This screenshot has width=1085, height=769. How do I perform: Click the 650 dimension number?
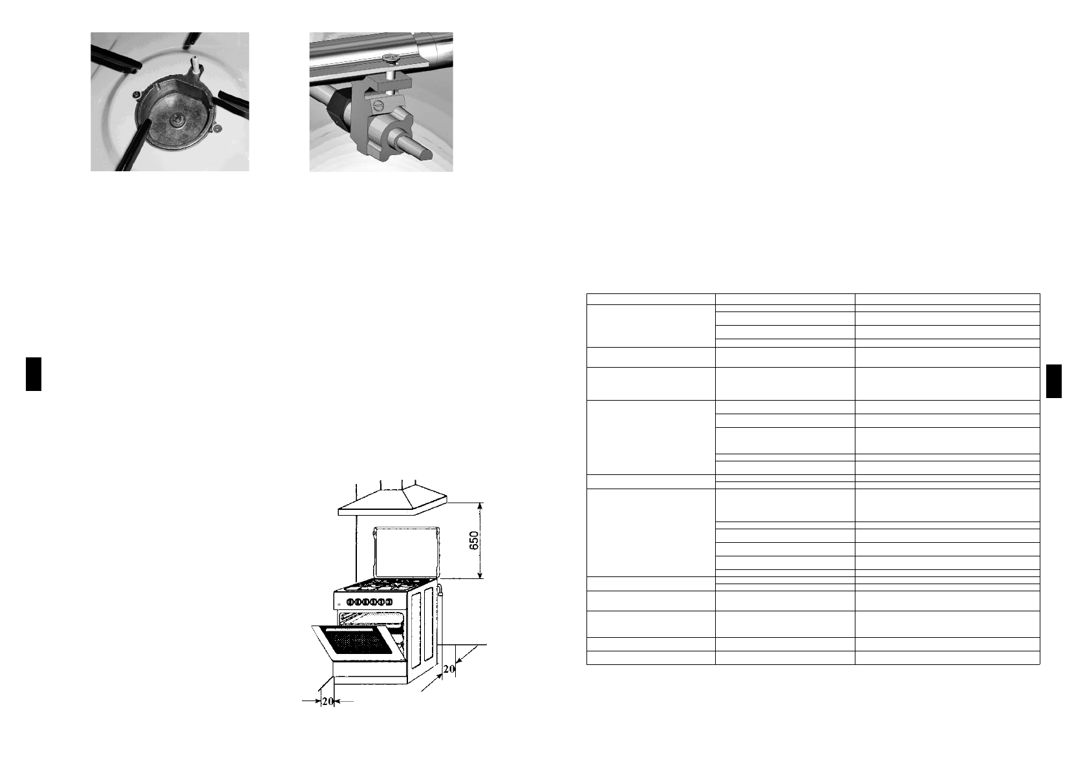point(474,542)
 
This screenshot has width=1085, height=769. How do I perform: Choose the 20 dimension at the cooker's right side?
point(448,670)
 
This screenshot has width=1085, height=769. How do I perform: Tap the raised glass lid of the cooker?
point(406,553)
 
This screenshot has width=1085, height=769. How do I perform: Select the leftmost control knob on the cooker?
point(350,602)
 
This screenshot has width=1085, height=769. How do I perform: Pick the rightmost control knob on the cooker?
point(389,602)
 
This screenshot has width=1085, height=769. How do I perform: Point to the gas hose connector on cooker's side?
point(440,590)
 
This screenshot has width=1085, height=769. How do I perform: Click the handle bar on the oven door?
point(360,627)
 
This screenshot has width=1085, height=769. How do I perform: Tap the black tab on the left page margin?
point(34,374)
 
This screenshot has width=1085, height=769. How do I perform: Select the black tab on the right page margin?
point(1053,382)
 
